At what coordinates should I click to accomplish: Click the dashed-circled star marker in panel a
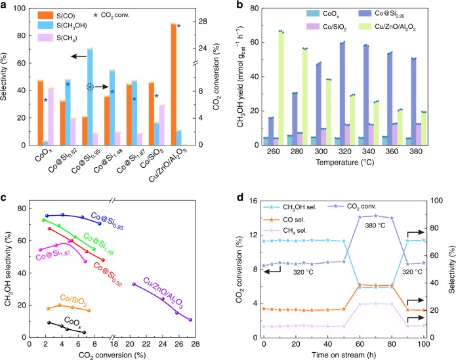90,87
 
